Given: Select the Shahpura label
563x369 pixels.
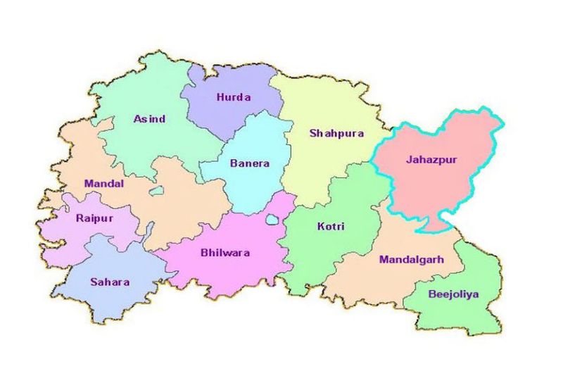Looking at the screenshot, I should (336, 133).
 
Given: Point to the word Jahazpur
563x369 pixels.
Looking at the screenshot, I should (431, 160).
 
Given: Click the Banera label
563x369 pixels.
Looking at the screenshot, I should (249, 163).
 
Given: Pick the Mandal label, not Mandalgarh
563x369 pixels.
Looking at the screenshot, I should (104, 184).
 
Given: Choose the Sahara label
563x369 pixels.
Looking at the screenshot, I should (110, 282).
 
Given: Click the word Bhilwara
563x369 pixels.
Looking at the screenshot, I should (225, 253).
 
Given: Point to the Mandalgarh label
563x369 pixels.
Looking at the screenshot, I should (412, 260).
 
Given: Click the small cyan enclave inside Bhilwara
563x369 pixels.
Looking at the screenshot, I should (272, 220).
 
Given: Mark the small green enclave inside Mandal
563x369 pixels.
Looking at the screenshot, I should (156, 191).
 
